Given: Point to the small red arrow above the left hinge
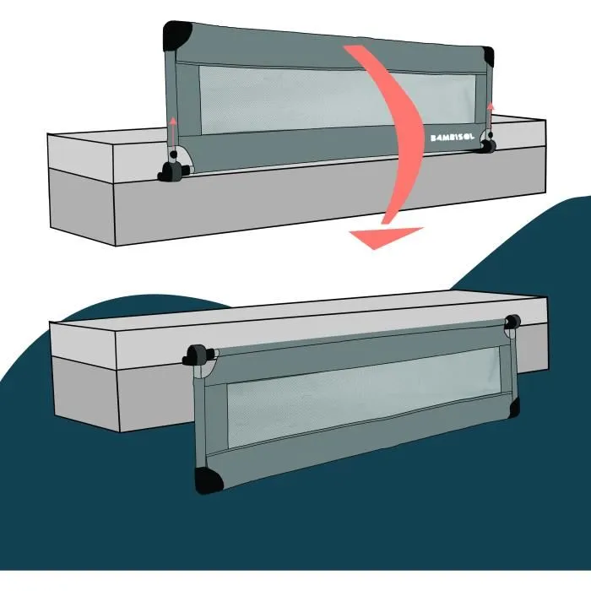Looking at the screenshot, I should [171, 129].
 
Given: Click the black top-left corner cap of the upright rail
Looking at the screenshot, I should [176, 36].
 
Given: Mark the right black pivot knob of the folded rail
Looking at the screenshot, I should [512, 323].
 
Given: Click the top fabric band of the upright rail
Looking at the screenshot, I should [329, 51].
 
